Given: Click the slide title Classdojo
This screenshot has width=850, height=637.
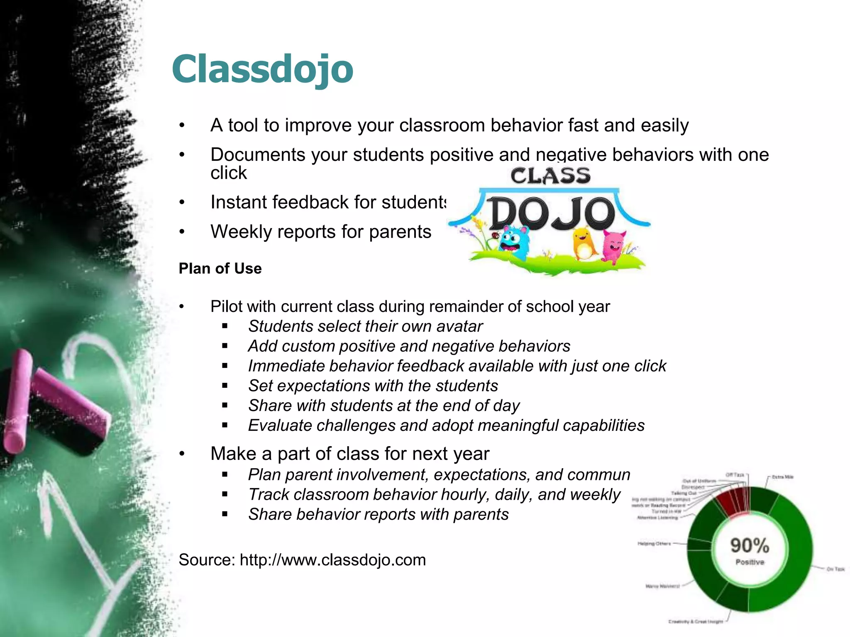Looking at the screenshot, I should (262, 69).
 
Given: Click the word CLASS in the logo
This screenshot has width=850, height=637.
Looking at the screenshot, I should (550, 176).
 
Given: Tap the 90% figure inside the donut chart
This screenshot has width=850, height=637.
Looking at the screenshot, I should (750, 545).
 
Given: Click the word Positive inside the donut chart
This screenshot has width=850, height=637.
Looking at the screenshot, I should (750, 562).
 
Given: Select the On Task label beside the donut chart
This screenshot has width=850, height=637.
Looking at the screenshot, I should (835, 569).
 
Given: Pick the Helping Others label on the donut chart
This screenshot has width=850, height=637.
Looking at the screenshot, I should (654, 543).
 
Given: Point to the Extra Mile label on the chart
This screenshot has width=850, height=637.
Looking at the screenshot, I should (782, 477).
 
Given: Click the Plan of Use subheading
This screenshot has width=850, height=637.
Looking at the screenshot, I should (220, 269).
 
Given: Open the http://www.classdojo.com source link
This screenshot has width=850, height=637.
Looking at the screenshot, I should (333, 560).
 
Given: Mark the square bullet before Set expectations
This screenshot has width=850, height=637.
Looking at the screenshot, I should (225, 386).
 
